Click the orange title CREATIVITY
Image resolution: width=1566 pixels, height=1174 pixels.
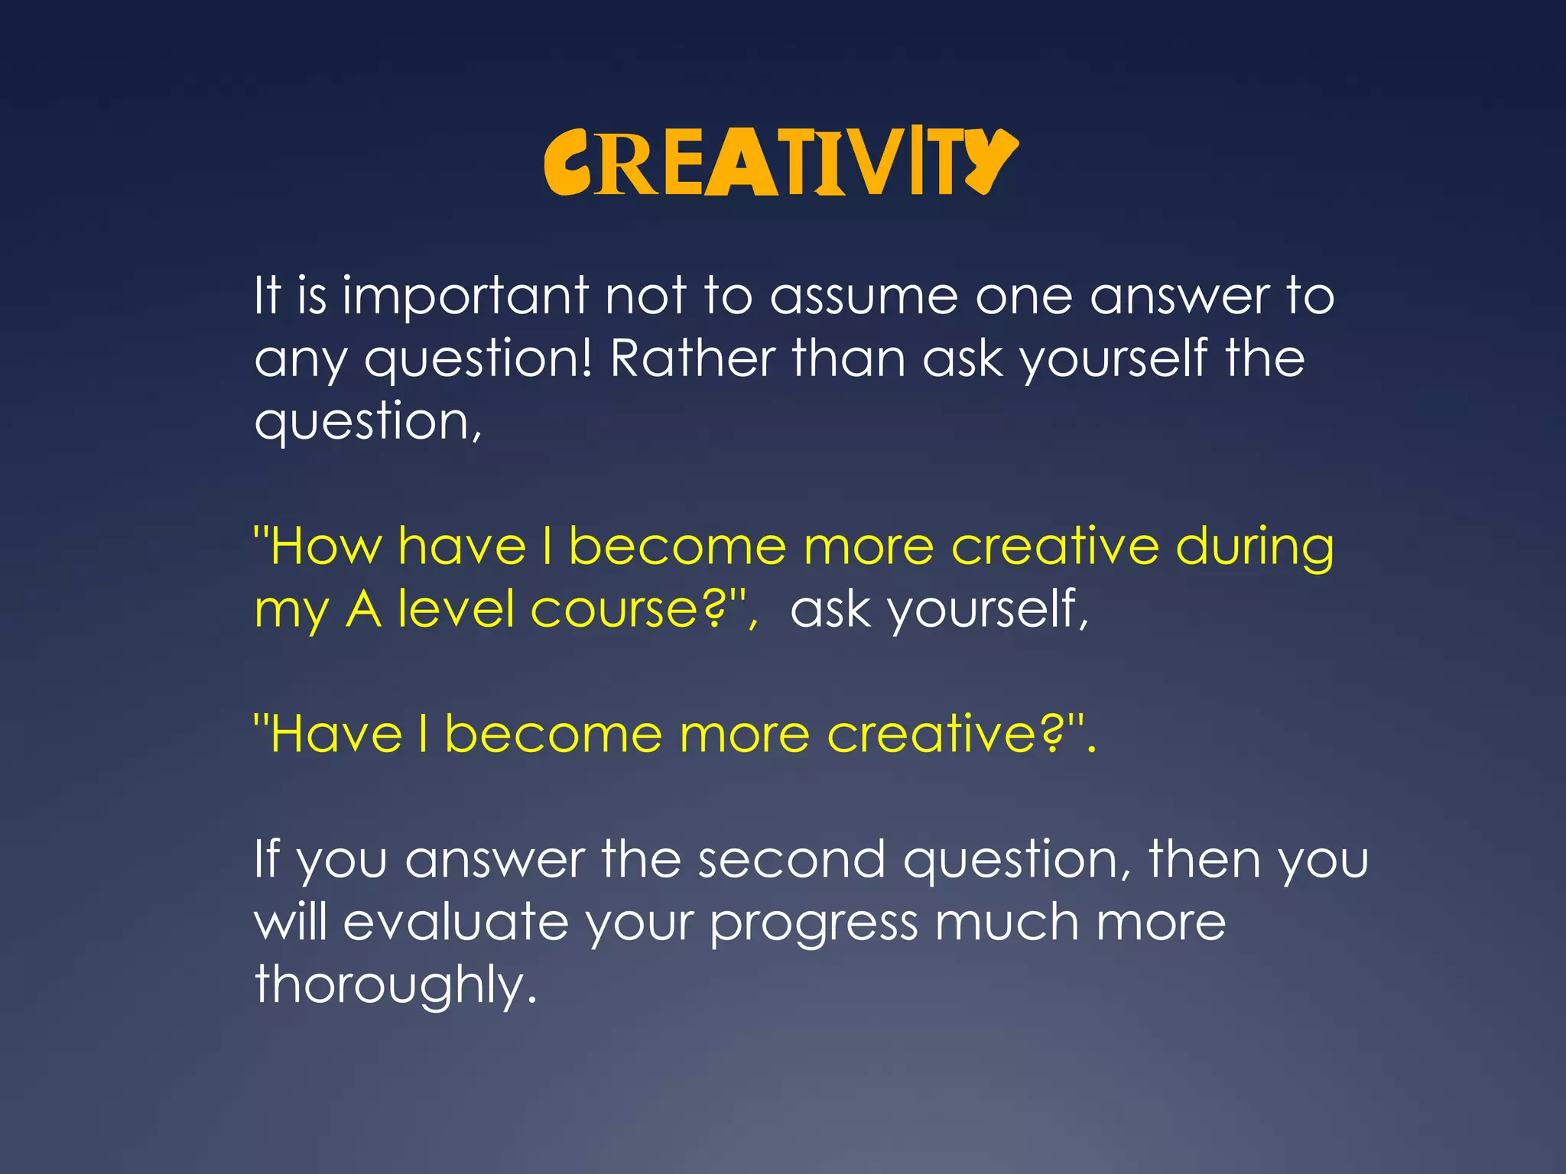[x=781, y=162]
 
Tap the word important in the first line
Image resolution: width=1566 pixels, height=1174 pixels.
[x=466, y=297]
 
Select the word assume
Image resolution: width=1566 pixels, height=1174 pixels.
[x=863, y=297]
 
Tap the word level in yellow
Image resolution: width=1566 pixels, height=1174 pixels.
[x=456, y=609]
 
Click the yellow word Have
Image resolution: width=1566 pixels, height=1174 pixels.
[x=336, y=735]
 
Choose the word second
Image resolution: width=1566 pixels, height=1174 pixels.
[x=791, y=860]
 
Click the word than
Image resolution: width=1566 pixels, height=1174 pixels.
[x=849, y=358]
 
